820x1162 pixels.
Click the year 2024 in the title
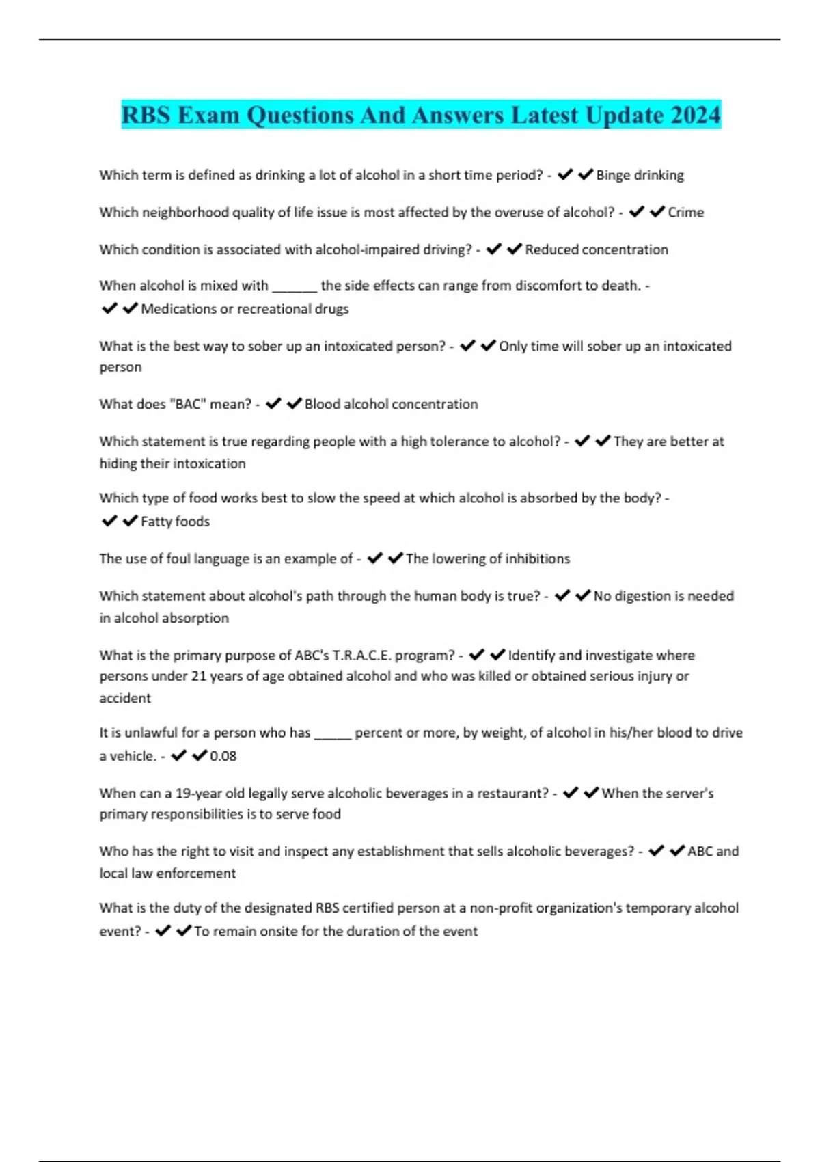click(695, 115)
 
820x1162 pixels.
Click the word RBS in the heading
click(146, 115)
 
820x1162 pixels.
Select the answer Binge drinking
click(640, 175)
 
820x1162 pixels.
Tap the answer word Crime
click(685, 213)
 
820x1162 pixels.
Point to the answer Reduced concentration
click(597, 249)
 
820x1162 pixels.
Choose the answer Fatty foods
click(175, 522)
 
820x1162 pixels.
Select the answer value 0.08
click(223, 756)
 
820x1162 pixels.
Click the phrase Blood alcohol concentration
click(391, 404)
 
